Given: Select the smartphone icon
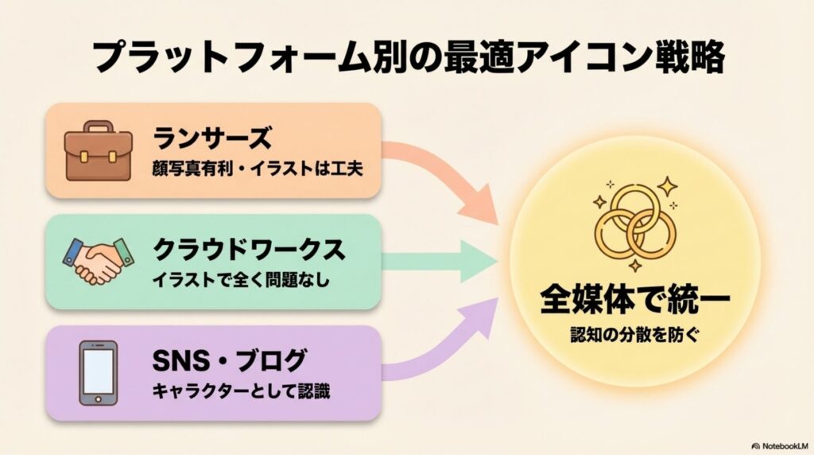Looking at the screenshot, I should click(x=99, y=372).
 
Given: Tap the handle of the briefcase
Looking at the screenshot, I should click(x=99, y=128).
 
